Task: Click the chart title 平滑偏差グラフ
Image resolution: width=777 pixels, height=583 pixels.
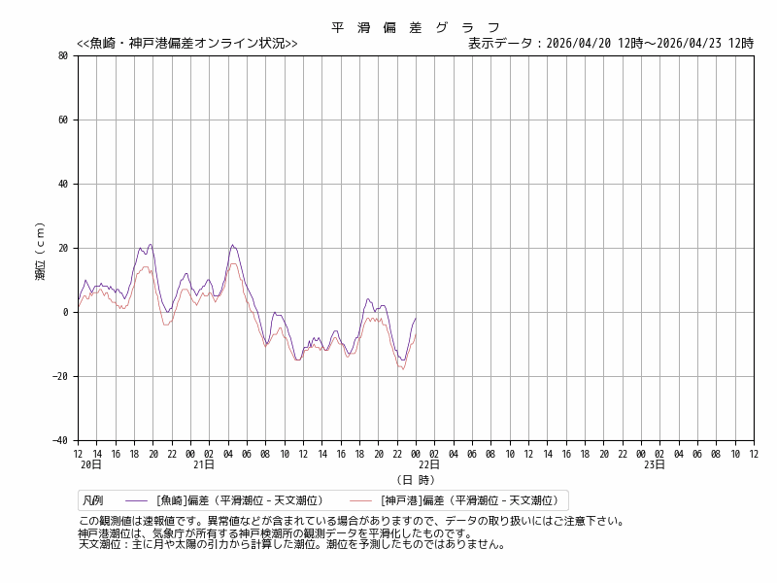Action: coord(416,27)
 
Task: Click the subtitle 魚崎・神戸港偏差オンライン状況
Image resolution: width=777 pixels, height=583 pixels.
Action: coord(187,44)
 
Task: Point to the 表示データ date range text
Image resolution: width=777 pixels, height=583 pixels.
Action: coord(610,44)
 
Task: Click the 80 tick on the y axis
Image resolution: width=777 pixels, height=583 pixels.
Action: coord(62,56)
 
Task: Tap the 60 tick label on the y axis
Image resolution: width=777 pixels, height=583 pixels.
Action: coord(62,120)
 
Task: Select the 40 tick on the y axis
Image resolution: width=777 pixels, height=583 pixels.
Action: coord(62,185)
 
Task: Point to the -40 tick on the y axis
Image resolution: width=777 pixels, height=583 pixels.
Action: coord(60,441)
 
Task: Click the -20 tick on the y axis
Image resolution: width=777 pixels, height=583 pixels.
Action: coord(60,377)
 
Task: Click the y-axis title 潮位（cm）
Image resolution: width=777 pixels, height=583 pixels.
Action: coord(41,250)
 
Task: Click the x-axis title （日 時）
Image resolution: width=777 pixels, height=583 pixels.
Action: coord(416,480)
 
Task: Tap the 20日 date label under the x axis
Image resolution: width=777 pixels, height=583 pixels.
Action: coord(90,465)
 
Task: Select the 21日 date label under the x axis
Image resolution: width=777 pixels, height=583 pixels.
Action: coord(203,465)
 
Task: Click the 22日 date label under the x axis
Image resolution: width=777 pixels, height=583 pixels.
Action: coord(428,465)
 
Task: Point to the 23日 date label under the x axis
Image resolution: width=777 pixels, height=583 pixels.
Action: coord(654,465)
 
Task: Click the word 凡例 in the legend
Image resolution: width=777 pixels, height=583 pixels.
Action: coord(93,501)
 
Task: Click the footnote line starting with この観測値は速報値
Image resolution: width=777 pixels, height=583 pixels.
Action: coord(352,522)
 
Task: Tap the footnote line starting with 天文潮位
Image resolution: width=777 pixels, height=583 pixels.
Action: coord(291,545)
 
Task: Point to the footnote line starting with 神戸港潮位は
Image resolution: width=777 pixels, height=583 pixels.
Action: coord(275,533)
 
